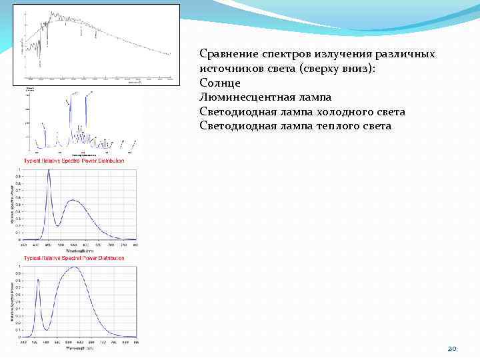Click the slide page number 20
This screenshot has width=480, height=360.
pos(451,349)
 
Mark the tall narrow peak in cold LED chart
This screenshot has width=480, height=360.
pos(49,171)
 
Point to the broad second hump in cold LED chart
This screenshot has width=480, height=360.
pos(75,201)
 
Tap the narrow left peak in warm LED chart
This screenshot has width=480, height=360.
pos(39,280)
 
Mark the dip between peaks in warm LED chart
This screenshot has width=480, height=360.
pos(45,329)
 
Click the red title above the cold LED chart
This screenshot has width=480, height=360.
pos(74,161)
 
